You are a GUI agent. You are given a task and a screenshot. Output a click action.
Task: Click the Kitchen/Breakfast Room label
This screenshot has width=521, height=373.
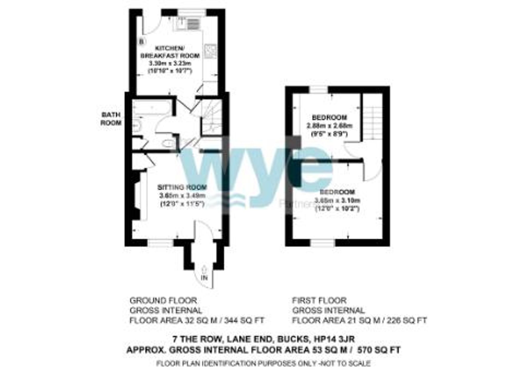pos(170,52)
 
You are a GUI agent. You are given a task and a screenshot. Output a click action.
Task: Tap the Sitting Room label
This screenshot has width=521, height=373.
pos(182,187)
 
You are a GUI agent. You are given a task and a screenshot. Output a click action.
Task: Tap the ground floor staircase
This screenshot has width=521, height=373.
pos(212,117)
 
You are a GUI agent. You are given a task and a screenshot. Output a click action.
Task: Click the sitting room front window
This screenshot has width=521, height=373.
pos(160,243)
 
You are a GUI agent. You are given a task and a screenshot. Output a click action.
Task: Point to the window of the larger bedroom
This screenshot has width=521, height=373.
pos(322,243)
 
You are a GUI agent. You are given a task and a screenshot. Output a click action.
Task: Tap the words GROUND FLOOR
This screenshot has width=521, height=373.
pos(163,301)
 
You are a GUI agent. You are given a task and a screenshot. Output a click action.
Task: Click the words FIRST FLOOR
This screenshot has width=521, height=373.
pos(319,301)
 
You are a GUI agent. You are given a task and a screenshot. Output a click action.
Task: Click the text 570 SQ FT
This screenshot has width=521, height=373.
pos(379,350)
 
